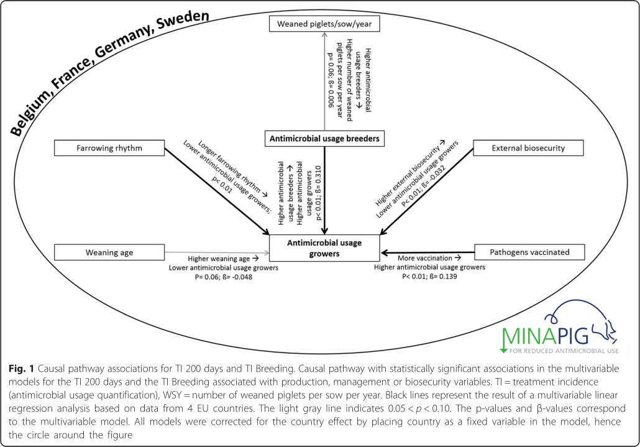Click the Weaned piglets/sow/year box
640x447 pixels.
click(324, 24)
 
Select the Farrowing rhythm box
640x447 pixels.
click(110, 148)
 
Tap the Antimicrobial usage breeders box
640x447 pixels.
click(323, 139)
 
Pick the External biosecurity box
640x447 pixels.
click(528, 148)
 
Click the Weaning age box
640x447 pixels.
click(110, 252)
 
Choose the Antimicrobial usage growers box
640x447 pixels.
click(324, 247)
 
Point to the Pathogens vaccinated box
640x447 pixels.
click(529, 252)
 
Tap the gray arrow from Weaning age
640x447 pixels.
click(217, 253)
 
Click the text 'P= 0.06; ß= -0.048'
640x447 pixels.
click(224, 277)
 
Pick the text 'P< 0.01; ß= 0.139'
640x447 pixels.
click(429, 276)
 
